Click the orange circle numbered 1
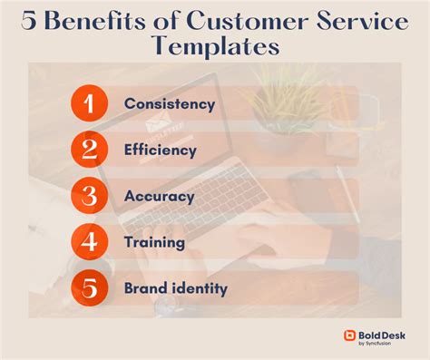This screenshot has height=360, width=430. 89,103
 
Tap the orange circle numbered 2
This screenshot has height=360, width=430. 89,150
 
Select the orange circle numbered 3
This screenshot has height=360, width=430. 89,196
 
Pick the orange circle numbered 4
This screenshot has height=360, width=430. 89,242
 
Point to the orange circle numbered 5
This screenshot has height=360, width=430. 89,287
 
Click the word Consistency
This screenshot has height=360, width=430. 170,104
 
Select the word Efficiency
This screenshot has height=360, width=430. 161,150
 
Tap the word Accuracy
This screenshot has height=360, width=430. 160,197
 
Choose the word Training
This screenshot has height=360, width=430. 154,242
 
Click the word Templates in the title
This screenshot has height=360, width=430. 215,46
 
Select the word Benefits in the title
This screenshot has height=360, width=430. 94,21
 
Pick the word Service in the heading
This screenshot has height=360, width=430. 363,21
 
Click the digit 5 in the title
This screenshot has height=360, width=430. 28,21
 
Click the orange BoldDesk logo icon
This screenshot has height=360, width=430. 349,336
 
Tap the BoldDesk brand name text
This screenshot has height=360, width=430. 382,336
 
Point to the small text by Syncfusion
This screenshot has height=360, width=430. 375,344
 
